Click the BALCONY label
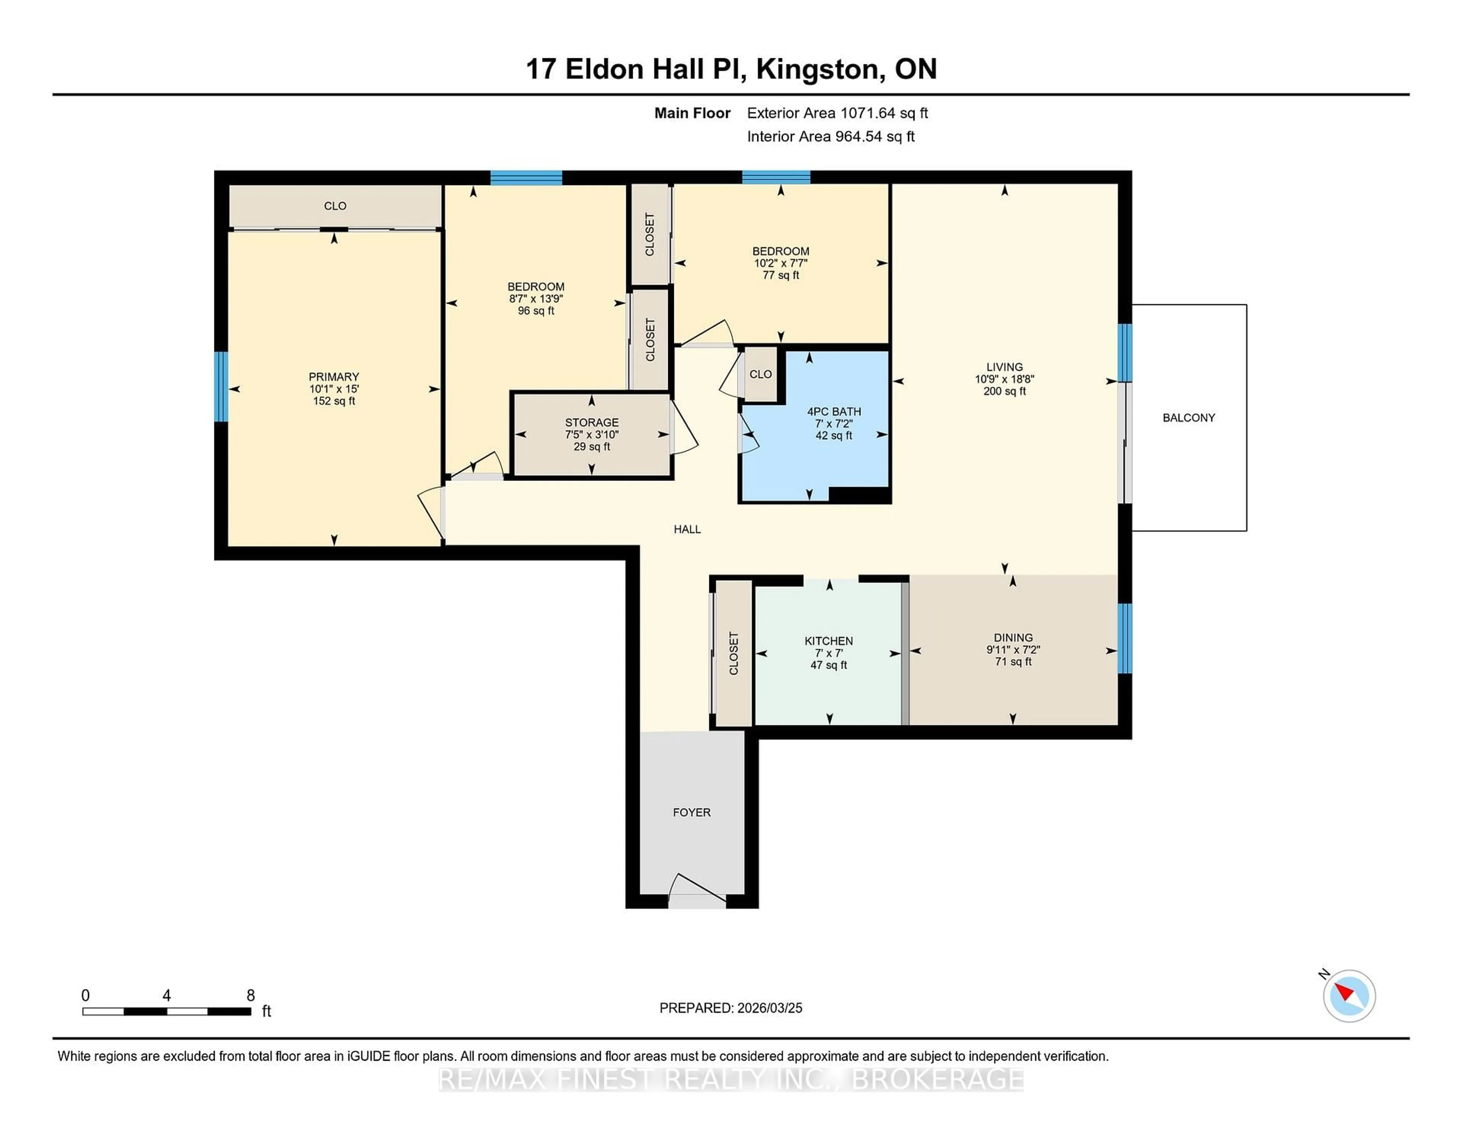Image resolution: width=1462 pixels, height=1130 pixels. click(1188, 418)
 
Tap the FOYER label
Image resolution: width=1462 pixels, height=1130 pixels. click(691, 812)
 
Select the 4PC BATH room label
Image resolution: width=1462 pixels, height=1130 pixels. click(833, 412)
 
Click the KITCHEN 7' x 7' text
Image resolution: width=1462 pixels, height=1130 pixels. click(829, 653)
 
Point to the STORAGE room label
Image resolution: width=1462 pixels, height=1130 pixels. click(592, 422)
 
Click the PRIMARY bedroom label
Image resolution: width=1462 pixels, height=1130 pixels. click(334, 377)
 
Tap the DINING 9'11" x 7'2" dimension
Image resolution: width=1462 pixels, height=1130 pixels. click(1013, 650)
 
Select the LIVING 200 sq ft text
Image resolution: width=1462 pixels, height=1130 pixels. click(1004, 391)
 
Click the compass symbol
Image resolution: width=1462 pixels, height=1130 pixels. click(1349, 996)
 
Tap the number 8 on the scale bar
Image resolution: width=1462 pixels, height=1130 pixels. click(251, 996)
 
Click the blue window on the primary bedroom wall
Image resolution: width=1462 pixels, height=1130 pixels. click(221, 387)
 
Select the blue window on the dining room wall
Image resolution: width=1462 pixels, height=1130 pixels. click(1125, 638)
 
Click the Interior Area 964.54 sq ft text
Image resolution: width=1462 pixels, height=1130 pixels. click(830, 137)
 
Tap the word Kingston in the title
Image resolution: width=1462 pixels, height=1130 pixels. click(817, 69)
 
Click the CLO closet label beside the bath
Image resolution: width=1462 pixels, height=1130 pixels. click(760, 374)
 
